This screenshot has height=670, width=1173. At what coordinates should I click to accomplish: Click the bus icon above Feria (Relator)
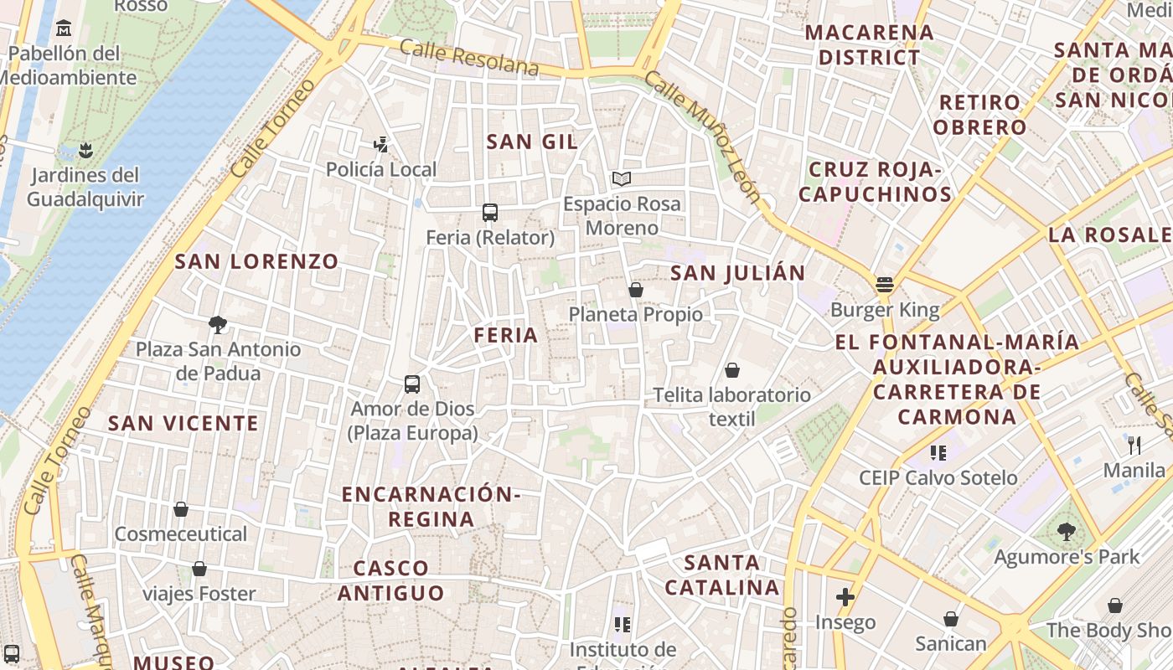[490, 213]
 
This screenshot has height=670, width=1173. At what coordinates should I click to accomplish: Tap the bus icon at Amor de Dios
[412, 384]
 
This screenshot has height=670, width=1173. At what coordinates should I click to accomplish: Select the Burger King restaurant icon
[885, 285]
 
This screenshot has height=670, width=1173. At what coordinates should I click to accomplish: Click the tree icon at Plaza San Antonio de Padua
[218, 324]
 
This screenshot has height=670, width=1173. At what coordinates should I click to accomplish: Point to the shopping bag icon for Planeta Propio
[636, 290]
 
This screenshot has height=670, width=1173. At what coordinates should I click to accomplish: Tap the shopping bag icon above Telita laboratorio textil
[732, 370]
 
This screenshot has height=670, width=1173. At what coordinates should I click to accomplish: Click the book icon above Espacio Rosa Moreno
[621, 178]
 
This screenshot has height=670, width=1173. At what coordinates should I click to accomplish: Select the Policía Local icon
[381, 145]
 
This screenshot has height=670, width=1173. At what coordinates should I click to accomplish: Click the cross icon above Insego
[845, 597]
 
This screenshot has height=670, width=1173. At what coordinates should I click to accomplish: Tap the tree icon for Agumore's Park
[1066, 531]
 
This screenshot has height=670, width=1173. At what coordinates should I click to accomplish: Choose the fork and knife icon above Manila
[1134, 445]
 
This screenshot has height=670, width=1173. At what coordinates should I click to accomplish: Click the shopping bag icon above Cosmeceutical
[181, 509]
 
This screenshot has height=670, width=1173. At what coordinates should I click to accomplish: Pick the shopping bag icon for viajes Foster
[199, 569]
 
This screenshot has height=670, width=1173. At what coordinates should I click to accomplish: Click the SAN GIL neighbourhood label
[532, 142]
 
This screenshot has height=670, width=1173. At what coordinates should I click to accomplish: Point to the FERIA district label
[505, 335]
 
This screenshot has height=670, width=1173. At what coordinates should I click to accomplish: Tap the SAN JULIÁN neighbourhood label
[738, 272]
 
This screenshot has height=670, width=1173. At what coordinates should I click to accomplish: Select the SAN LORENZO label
[256, 261]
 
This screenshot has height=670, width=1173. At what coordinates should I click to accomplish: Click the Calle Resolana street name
[469, 57]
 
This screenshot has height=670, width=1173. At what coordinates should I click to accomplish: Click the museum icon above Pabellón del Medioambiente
[64, 29]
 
